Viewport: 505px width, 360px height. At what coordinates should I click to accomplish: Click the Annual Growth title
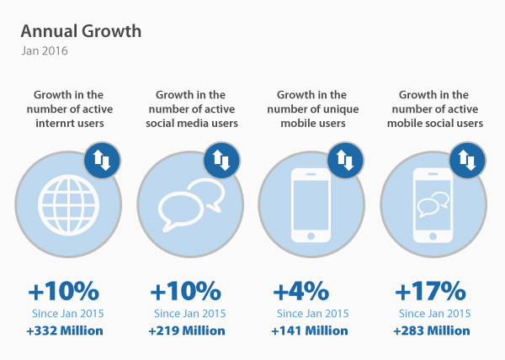(81, 32)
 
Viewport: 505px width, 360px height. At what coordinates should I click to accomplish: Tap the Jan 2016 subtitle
(45, 51)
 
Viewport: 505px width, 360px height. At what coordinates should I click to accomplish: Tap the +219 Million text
(186, 331)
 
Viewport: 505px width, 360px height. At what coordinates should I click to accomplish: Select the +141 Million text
(308, 331)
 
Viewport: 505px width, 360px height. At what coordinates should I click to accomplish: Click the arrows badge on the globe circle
(103, 161)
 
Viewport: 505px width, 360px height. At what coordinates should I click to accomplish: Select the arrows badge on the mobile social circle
(467, 161)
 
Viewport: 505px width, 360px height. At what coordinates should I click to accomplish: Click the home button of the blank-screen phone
(311, 237)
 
